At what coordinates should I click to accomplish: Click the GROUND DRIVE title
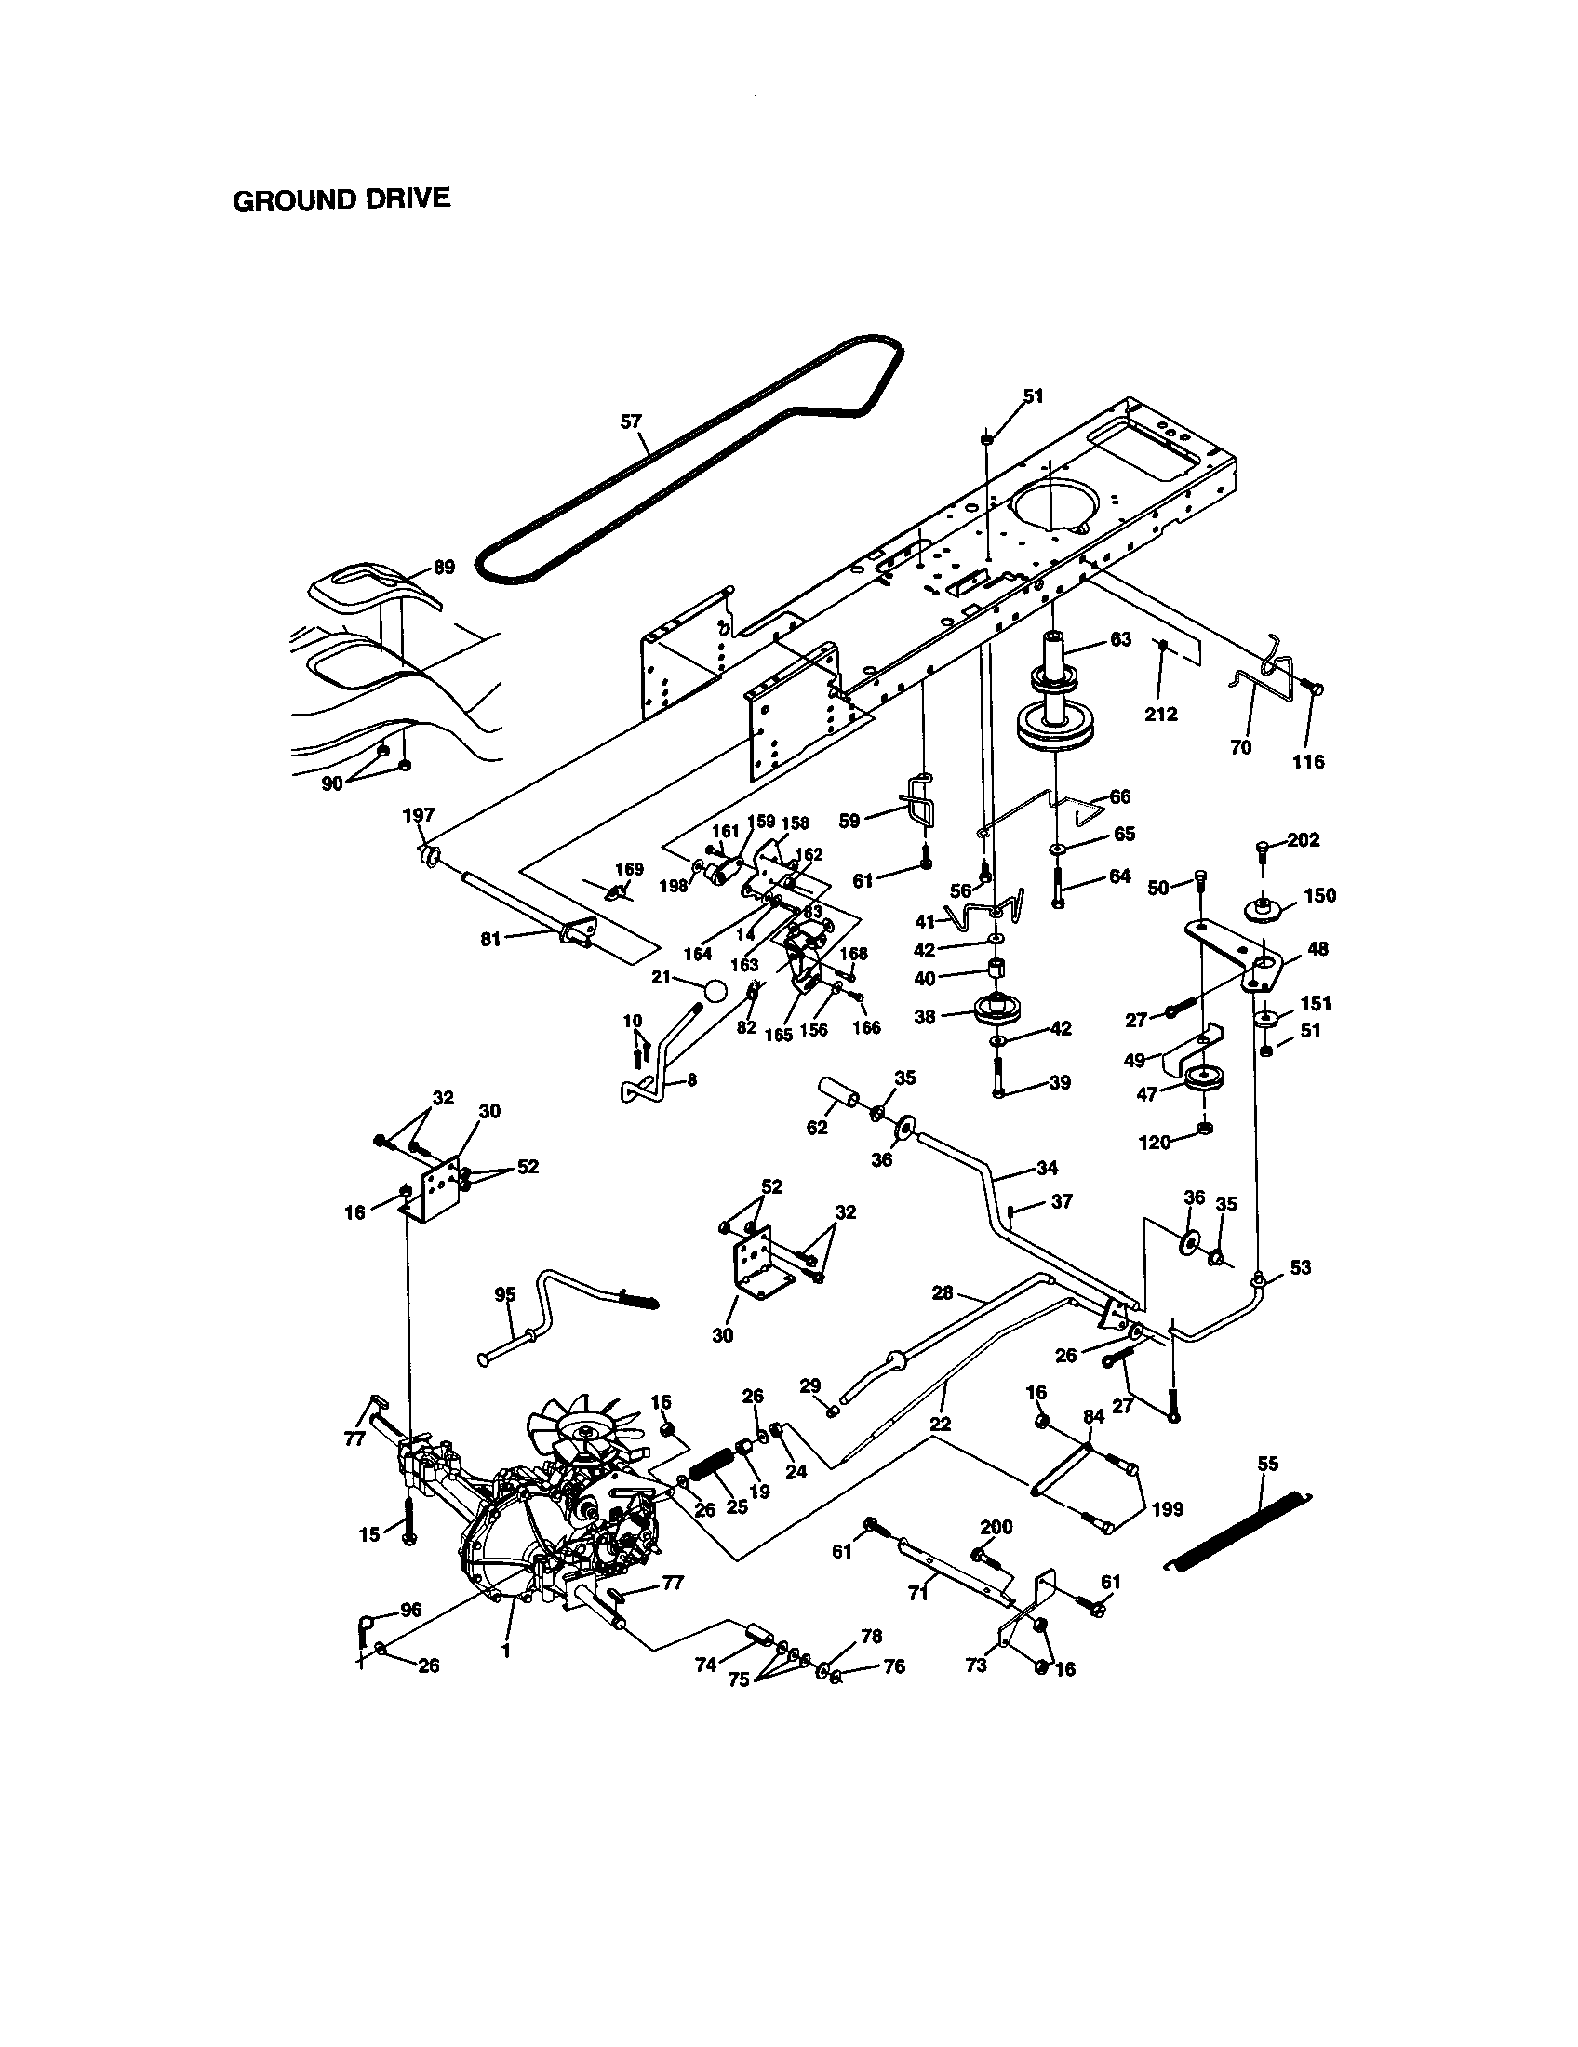pos(341,200)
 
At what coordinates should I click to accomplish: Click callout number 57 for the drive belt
pos(631,421)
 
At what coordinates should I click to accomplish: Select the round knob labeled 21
pos(715,991)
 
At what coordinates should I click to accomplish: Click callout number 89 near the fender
pos(443,567)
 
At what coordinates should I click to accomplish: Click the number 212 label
pos(1161,715)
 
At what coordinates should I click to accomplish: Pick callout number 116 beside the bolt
pos(1308,761)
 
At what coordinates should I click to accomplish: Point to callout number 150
pos(1319,895)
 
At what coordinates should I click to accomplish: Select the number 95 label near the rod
pos(505,1294)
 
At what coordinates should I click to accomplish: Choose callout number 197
pos(419,815)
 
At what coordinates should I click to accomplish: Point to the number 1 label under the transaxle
pos(506,1652)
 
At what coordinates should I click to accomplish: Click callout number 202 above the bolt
pos(1303,840)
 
